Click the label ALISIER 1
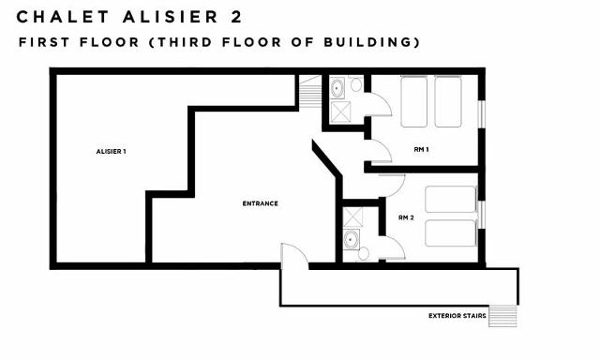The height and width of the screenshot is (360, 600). point(111,151)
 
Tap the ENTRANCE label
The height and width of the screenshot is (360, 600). point(260,203)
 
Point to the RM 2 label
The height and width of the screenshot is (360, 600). point(406,217)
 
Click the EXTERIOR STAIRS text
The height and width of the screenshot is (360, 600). point(457,315)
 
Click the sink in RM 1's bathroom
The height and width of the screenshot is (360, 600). point(337,88)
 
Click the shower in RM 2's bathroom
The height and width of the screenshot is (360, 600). point(353,217)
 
